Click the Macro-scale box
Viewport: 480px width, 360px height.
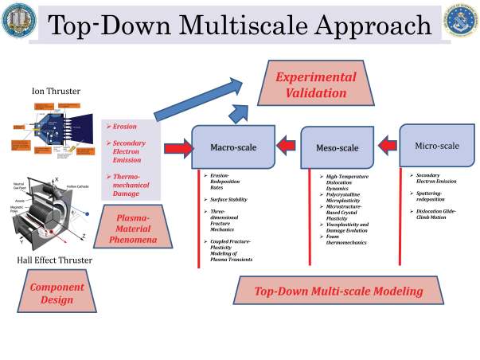pos(232,147)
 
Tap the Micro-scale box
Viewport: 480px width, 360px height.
pos(437,146)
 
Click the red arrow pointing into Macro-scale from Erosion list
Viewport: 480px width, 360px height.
pos(178,147)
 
